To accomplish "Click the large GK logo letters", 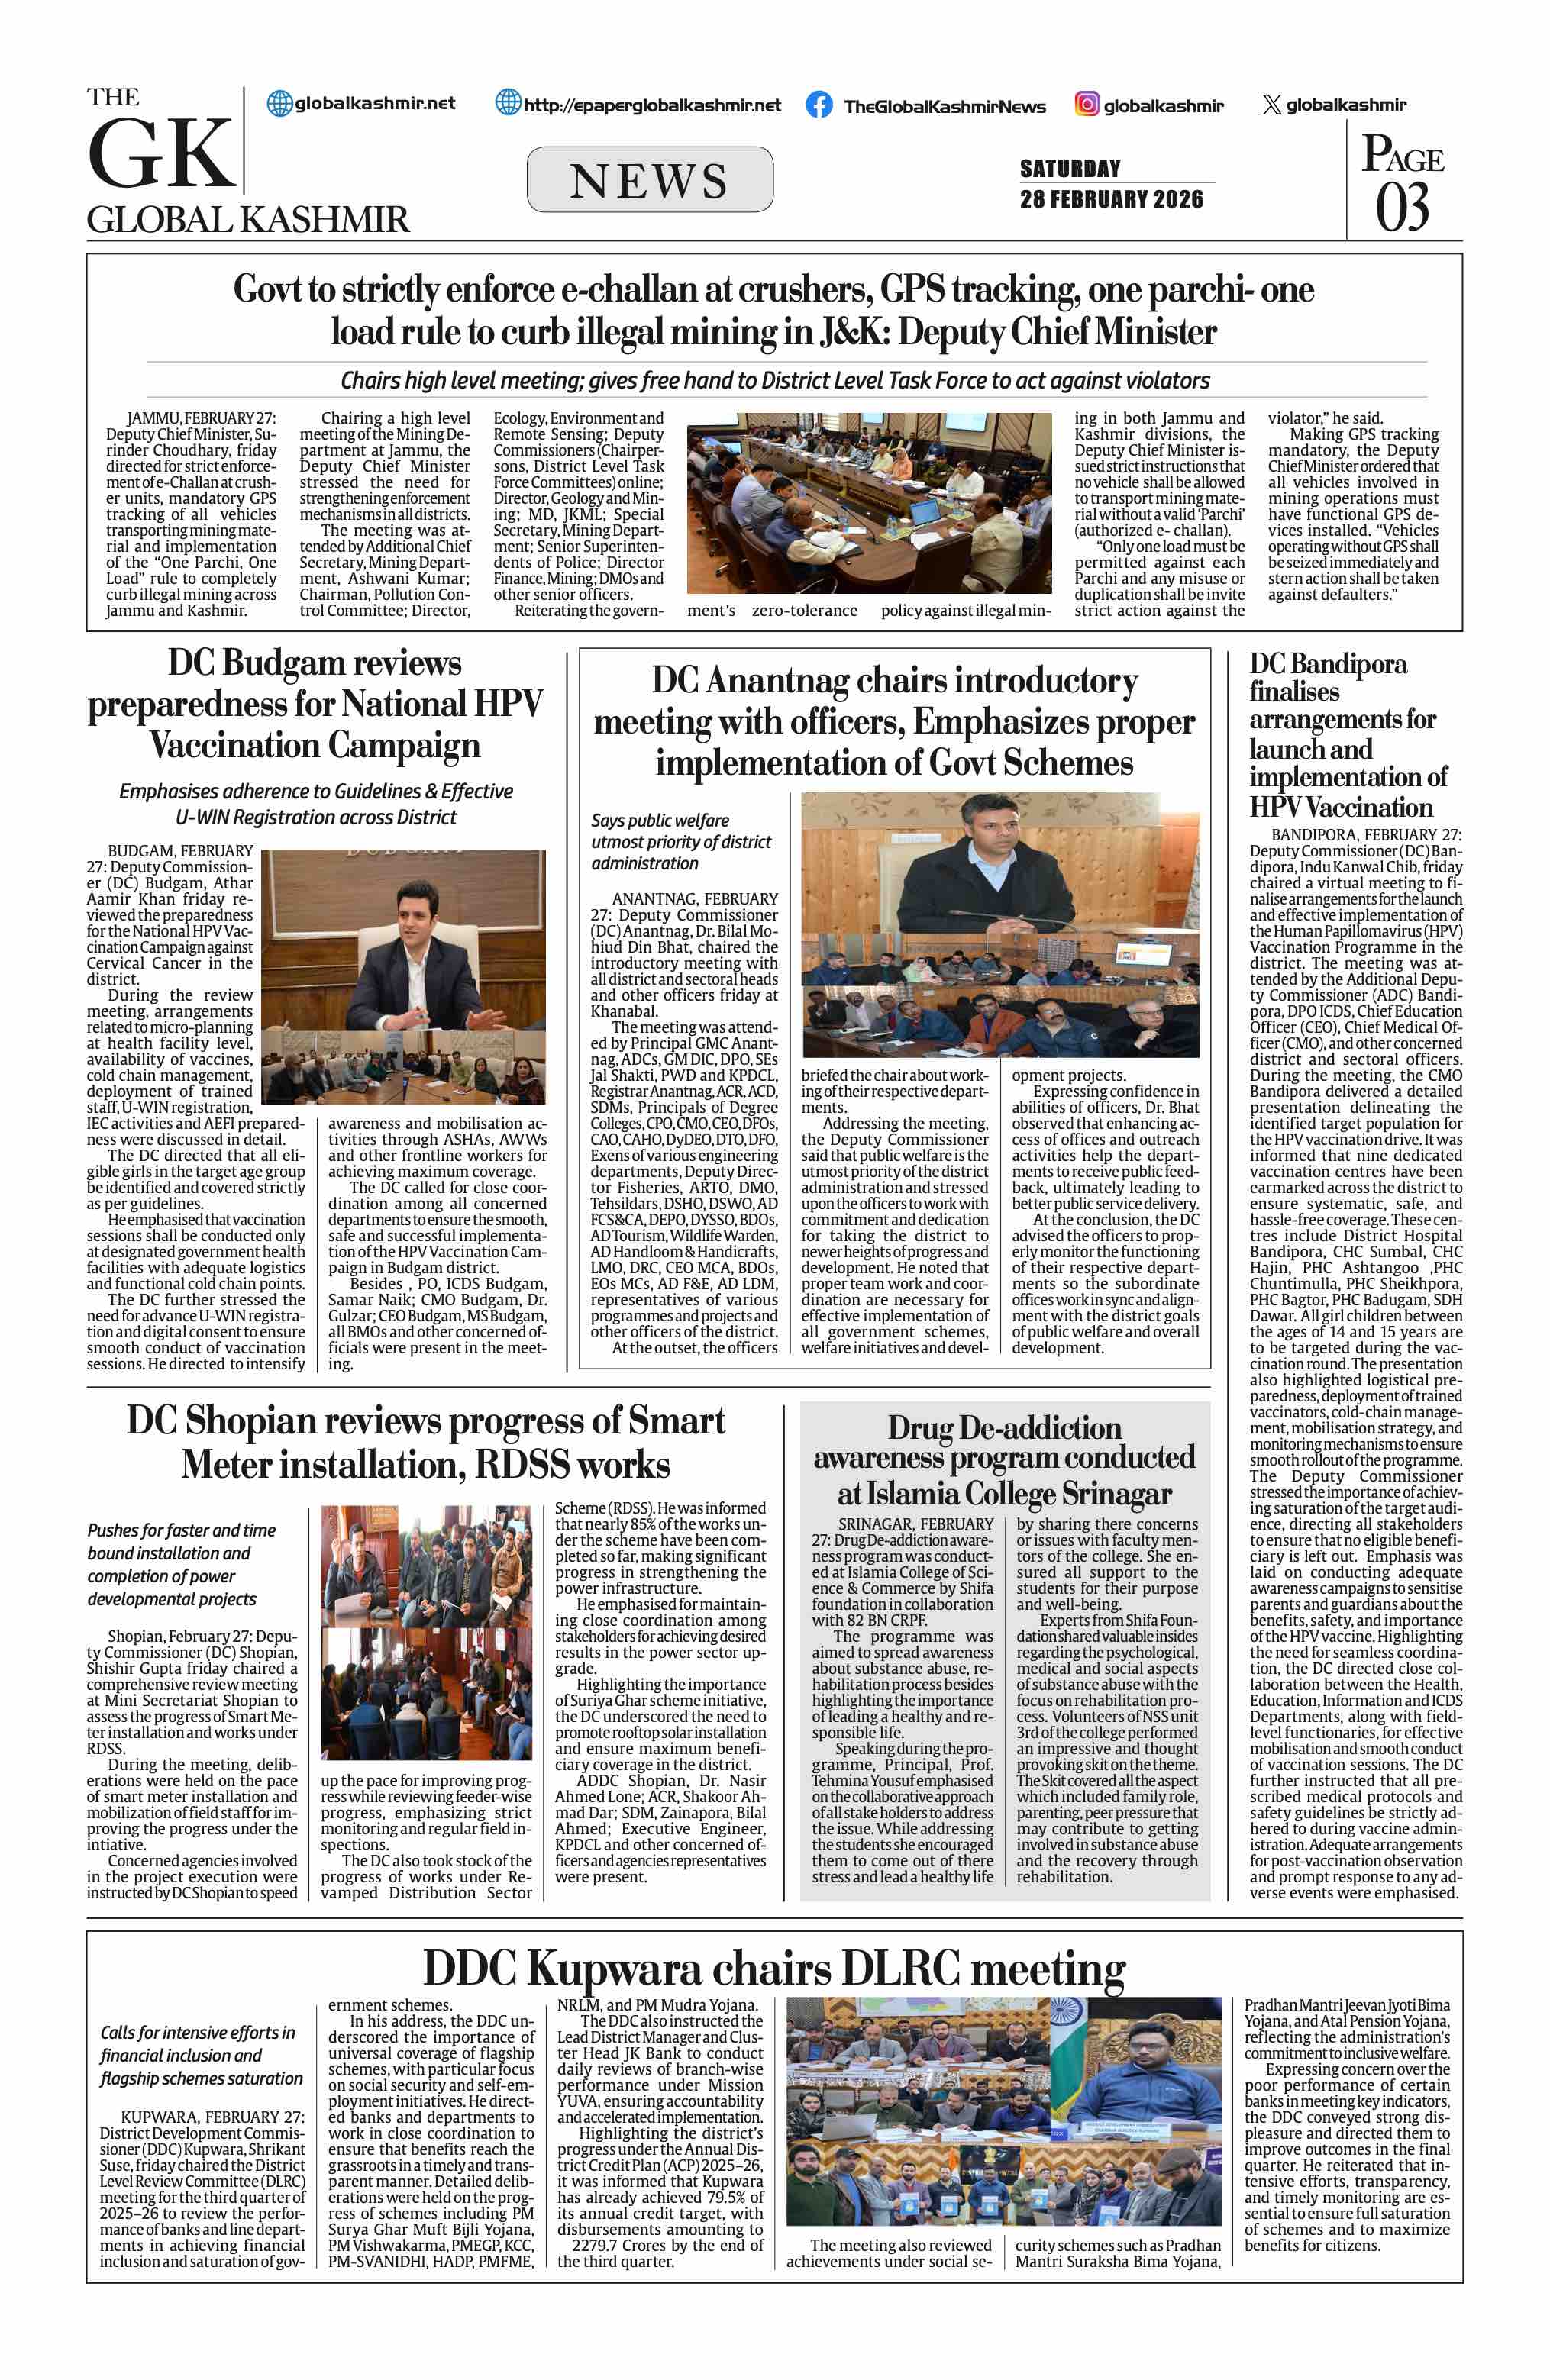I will pyautogui.click(x=161, y=155).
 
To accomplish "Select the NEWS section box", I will pyautogui.click(x=649, y=180).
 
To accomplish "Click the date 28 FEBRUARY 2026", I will pyautogui.click(x=1111, y=199).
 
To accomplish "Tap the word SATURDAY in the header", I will pyautogui.click(x=1070, y=168).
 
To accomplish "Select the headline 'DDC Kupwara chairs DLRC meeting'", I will pyautogui.click(x=774, y=1968).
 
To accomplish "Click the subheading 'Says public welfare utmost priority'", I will pyautogui.click(x=680, y=841).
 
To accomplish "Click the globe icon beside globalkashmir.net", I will pyautogui.click(x=280, y=103).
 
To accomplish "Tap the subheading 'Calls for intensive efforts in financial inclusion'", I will pyautogui.click(x=200, y=2055).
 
